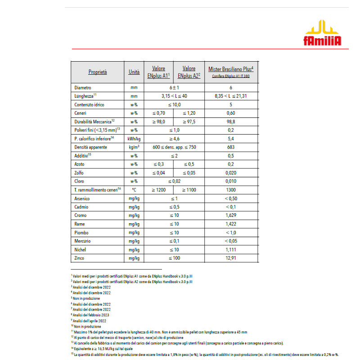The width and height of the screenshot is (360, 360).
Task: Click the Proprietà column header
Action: [97, 72]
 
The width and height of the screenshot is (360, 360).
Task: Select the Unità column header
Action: [134, 72]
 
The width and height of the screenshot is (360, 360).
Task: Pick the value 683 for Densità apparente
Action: [231, 147]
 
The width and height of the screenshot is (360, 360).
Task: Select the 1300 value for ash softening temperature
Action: [231, 190]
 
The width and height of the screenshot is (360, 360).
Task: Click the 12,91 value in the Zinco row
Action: [231, 258]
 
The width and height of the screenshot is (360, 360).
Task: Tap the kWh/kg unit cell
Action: [134, 139]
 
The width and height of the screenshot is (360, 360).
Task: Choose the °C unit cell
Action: [134, 190]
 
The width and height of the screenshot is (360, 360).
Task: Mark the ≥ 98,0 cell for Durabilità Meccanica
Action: [158, 121]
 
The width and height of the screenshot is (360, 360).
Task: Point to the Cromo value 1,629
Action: [231, 216]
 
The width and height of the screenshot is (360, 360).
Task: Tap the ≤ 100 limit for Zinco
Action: [174, 258]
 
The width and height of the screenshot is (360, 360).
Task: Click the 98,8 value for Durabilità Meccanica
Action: [231, 121]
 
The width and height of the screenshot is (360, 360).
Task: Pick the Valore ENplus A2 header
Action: [189, 72]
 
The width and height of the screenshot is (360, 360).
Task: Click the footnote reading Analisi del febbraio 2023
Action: [90, 315]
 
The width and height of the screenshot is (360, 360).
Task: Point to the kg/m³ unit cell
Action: [134, 147]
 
